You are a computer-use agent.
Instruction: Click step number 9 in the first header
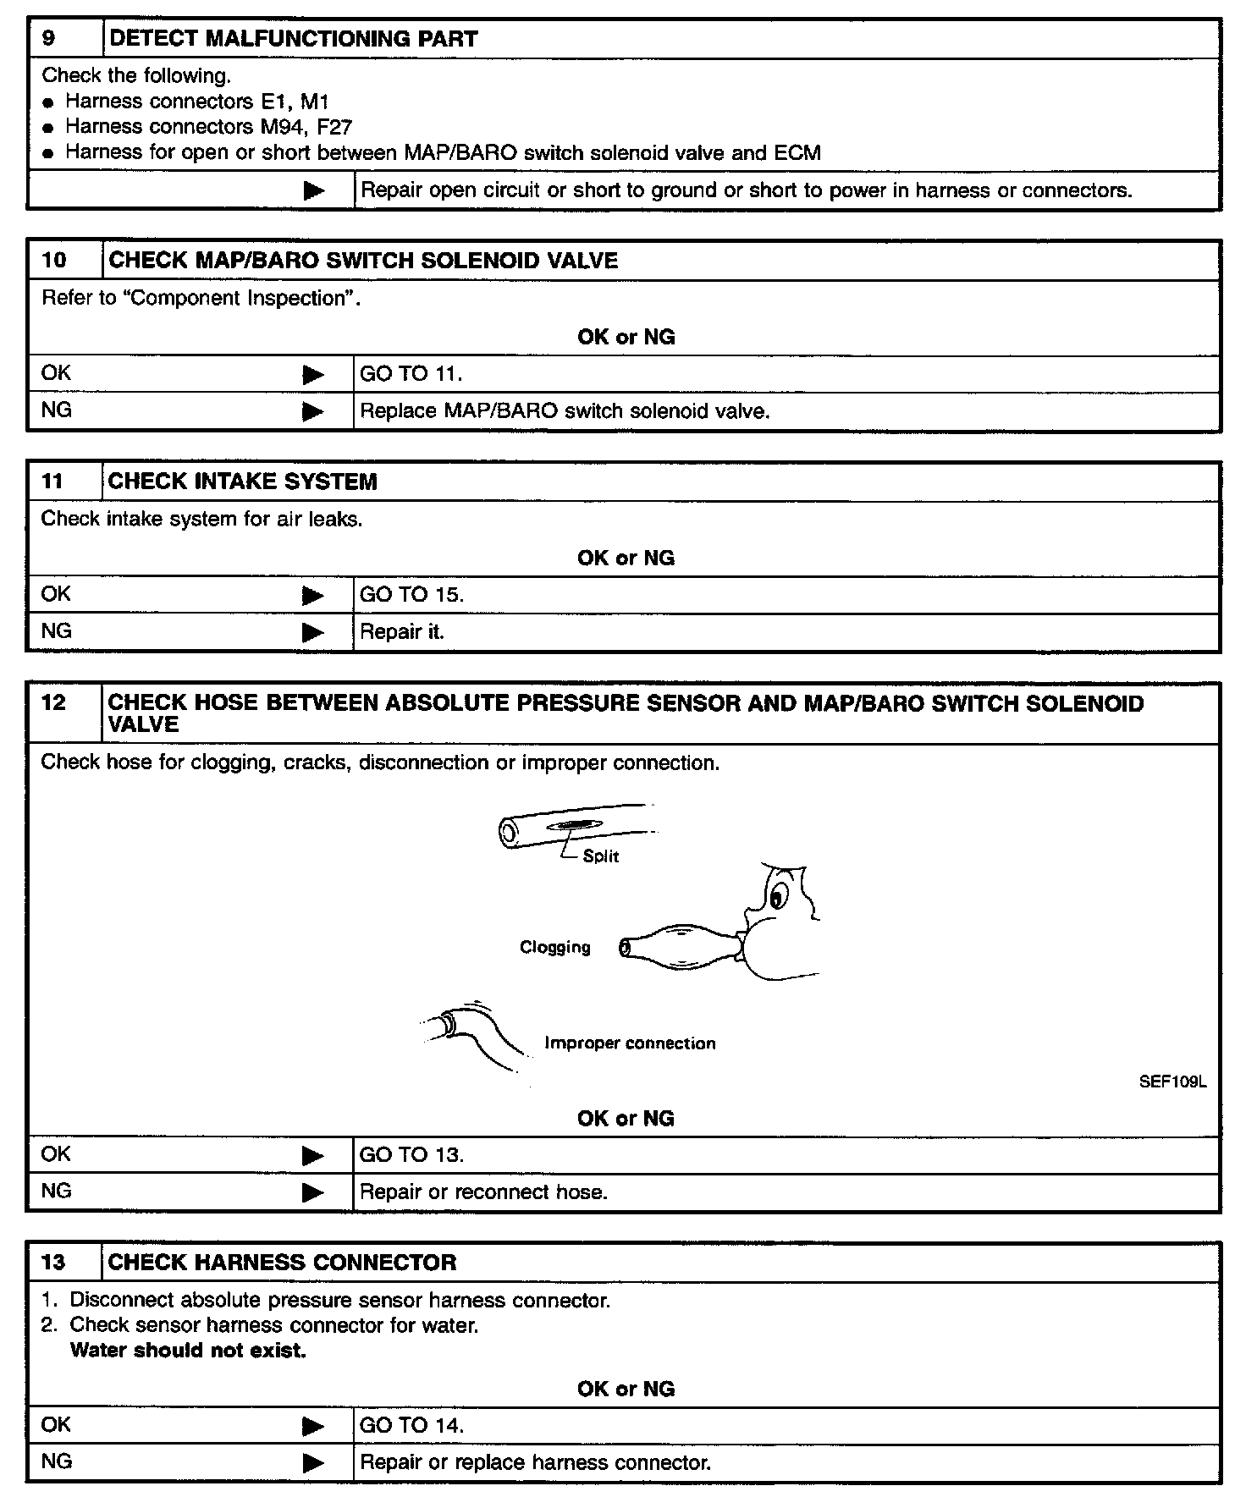(x=49, y=39)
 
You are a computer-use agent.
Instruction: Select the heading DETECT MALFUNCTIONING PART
(x=293, y=39)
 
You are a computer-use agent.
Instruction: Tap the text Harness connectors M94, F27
(x=208, y=127)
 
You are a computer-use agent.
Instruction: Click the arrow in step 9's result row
(x=313, y=190)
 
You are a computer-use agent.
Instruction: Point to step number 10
(x=53, y=260)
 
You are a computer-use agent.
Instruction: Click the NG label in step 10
(x=56, y=410)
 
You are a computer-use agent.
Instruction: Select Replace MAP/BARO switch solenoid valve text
(x=565, y=411)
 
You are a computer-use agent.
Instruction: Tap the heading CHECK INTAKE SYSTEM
(x=242, y=482)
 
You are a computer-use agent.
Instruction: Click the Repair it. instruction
(x=402, y=632)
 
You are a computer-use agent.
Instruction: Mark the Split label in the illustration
(x=601, y=856)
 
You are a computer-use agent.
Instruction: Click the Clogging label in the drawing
(x=555, y=947)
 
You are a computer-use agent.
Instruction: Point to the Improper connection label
(x=630, y=1043)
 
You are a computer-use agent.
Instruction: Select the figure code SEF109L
(x=1172, y=1081)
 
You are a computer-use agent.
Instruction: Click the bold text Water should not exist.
(x=188, y=1351)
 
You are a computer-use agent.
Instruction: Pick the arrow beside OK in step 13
(x=313, y=1426)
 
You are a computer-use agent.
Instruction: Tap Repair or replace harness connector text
(x=535, y=1462)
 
